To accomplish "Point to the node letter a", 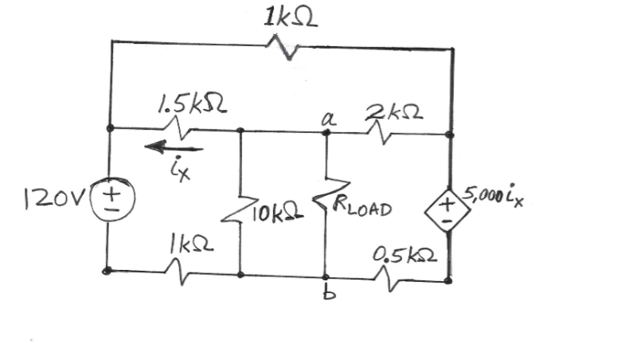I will pyautogui.click(x=325, y=118).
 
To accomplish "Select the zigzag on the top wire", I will pyautogui.click(x=288, y=49).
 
